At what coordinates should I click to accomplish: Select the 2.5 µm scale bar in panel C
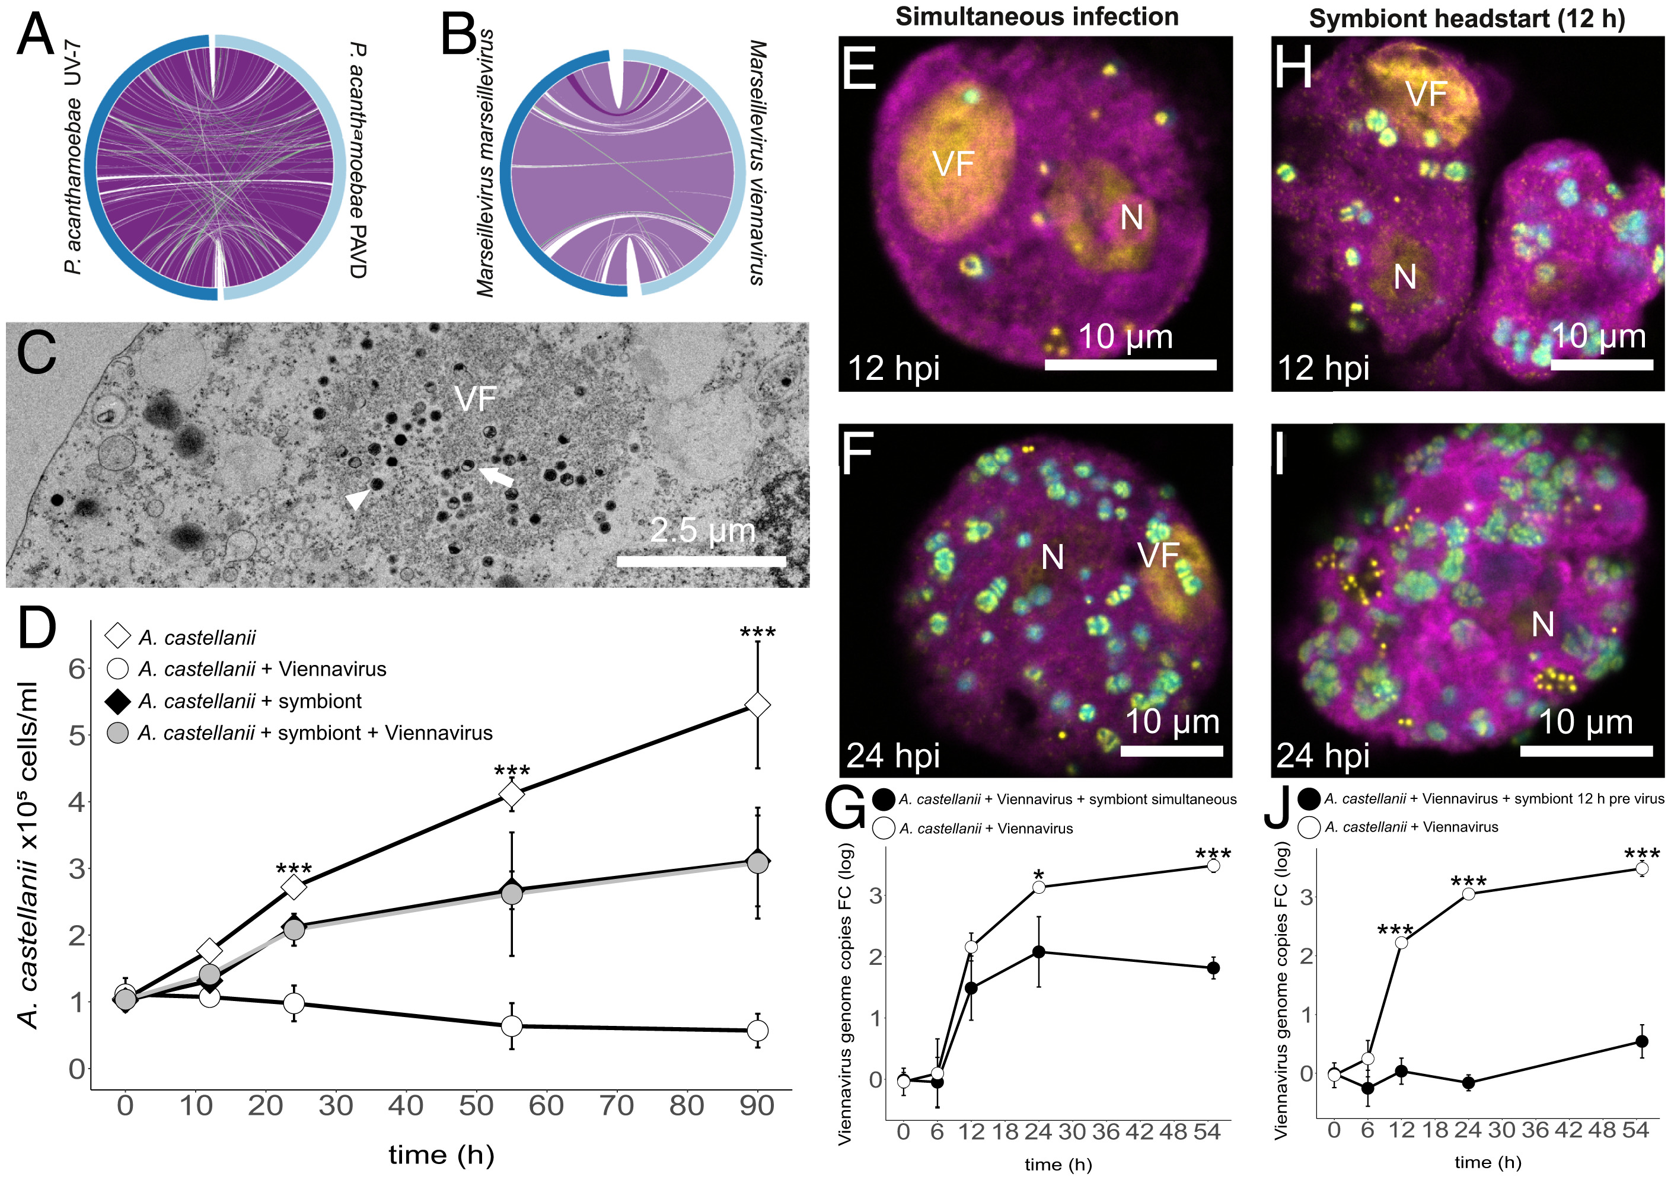701,561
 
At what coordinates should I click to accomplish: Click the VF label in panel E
953,164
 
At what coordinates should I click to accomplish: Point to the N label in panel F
1053,558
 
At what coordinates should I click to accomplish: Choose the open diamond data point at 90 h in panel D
758,705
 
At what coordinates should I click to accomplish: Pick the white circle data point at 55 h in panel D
512,1026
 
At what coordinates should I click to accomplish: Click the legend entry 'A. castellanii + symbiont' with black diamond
249,701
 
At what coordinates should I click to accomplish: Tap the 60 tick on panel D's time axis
546,1106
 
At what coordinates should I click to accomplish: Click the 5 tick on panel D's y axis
76,735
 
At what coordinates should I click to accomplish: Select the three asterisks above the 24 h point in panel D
294,869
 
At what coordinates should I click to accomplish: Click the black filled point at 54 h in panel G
1213,968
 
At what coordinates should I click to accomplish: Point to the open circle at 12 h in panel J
1401,943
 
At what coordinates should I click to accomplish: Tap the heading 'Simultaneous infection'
1037,16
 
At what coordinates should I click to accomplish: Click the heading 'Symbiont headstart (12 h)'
1466,17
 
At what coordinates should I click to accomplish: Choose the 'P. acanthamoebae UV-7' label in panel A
74,157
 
